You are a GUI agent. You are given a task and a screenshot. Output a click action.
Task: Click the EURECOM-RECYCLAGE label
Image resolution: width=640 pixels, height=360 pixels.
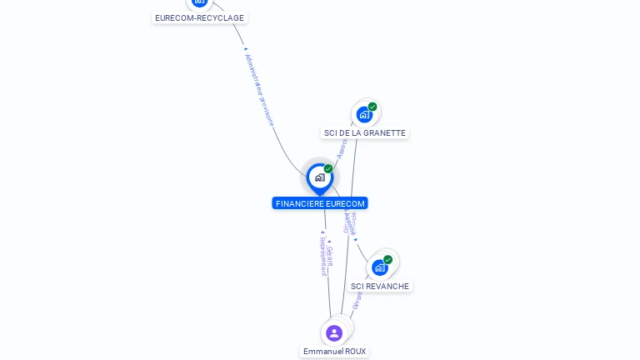[x=200, y=17]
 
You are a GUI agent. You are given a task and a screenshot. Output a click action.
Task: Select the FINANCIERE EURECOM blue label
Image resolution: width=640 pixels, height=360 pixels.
[x=320, y=203]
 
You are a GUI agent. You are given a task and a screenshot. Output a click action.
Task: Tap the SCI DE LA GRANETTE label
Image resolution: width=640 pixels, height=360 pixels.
[x=365, y=133]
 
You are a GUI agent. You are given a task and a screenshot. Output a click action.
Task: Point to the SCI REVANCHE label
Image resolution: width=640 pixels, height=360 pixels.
[x=380, y=286]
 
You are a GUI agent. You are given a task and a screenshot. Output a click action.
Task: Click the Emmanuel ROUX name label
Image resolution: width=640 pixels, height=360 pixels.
[x=334, y=352]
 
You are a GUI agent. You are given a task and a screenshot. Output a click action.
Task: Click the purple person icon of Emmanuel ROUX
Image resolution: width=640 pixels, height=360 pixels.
[x=334, y=332]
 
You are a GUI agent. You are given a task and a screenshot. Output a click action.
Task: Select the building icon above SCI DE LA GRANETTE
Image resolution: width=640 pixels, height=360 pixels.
[x=364, y=114]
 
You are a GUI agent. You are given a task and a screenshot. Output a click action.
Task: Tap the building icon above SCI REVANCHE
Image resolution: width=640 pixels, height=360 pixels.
[x=379, y=267]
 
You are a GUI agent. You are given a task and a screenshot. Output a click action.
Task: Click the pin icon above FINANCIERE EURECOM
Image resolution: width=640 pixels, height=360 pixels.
[x=319, y=177]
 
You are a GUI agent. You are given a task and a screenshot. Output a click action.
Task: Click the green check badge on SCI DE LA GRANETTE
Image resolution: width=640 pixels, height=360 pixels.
[x=372, y=107]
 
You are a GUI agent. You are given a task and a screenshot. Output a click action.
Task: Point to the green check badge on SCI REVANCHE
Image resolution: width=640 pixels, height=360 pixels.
[x=387, y=260]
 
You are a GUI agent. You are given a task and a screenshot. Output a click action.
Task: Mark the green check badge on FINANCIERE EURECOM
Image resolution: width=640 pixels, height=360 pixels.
[x=328, y=169]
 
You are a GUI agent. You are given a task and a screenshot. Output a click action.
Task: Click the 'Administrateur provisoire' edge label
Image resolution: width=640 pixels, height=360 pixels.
[x=261, y=90]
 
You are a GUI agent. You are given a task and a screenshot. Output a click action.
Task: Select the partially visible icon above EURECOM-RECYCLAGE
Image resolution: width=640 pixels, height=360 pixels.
[x=200, y=2]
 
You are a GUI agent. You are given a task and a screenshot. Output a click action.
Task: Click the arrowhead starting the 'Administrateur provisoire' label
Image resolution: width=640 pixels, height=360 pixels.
[x=246, y=50]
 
